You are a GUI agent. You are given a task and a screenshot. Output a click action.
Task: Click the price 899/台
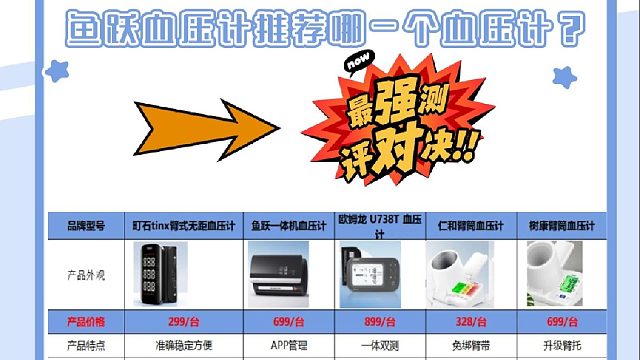click(378, 322)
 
